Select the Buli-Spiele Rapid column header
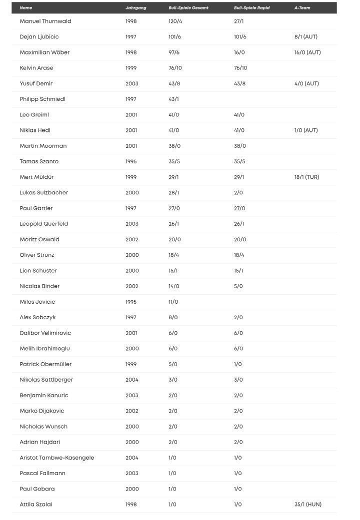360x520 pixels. (x=251, y=8)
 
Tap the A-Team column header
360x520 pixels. (x=302, y=8)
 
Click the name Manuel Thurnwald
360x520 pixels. (x=45, y=21)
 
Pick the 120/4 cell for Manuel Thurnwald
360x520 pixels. (x=175, y=21)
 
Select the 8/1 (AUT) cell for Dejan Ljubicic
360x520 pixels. (x=305, y=37)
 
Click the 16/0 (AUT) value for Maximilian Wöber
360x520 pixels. (x=307, y=52)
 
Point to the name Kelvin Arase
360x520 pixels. (x=36, y=68)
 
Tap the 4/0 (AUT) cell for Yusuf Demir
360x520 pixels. (x=306, y=83)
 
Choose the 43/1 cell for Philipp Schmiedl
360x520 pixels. (x=173, y=99)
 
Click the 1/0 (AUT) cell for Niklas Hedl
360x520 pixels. (x=306, y=130)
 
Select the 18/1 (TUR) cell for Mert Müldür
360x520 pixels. (x=306, y=177)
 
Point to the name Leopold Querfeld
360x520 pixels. (x=44, y=224)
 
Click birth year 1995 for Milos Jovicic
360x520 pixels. (x=131, y=302)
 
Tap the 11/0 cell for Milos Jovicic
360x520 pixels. (x=173, y=302)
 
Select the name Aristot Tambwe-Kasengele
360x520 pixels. (x=57, y=458)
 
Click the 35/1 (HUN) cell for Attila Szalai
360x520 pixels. (x=307, y=505)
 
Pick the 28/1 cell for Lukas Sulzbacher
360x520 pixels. (x=173, y=193)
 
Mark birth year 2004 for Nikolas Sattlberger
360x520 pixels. (x=131, y=380)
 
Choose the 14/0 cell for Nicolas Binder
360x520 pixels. (x=173, y=286)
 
